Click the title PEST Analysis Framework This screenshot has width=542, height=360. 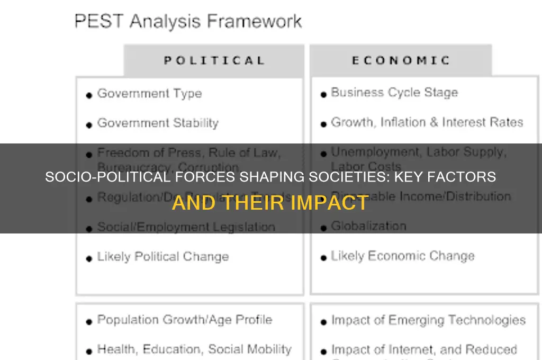[x=188, y=22]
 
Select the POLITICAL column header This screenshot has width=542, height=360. [x=214, y=60]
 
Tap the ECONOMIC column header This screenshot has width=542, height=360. [x=401, y=60]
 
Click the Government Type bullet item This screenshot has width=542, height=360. [x=149, y=94]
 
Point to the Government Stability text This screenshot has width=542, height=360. [x=158, y=123]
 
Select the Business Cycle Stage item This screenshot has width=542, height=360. [x=394, y=93]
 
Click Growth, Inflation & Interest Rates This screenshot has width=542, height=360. [x=427, y=122]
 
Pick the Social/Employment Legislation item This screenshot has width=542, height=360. [x=186, y=227]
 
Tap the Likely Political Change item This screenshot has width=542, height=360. [x=163, y=257]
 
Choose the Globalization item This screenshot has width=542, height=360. [x=368, y=226]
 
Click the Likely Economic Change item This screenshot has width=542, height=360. [x=402, y=256]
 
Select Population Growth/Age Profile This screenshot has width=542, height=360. [x=184, y=320]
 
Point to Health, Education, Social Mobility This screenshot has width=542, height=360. [x=194, y=349]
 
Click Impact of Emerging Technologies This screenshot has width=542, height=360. [x=428, y=320]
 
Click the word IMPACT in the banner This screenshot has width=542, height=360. [x=335, y=203]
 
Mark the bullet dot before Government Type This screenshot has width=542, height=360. [x=89, y=95]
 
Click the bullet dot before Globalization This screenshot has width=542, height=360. [x=323, y=228]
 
